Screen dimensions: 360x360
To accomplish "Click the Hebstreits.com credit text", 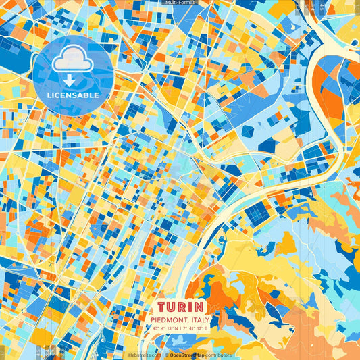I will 145,355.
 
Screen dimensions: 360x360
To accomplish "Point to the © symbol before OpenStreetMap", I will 167,355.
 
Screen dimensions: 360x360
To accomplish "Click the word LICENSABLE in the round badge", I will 73,95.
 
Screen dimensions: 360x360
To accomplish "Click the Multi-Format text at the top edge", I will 180,3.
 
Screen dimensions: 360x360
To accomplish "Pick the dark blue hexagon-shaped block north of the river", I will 267,145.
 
